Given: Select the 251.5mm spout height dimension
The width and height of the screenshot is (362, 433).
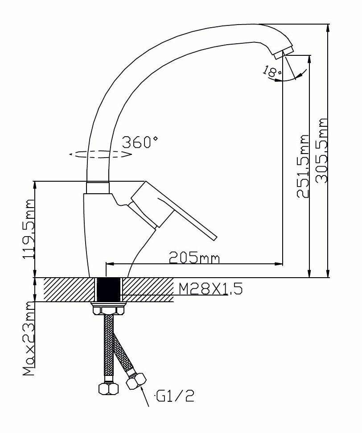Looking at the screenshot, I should pos(303,166).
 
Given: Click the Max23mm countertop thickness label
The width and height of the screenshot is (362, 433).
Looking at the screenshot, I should pos(29,339).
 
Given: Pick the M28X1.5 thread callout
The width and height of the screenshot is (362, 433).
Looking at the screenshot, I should pos(210,290).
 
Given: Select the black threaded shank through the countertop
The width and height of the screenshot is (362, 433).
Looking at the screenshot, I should pos(109,289).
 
